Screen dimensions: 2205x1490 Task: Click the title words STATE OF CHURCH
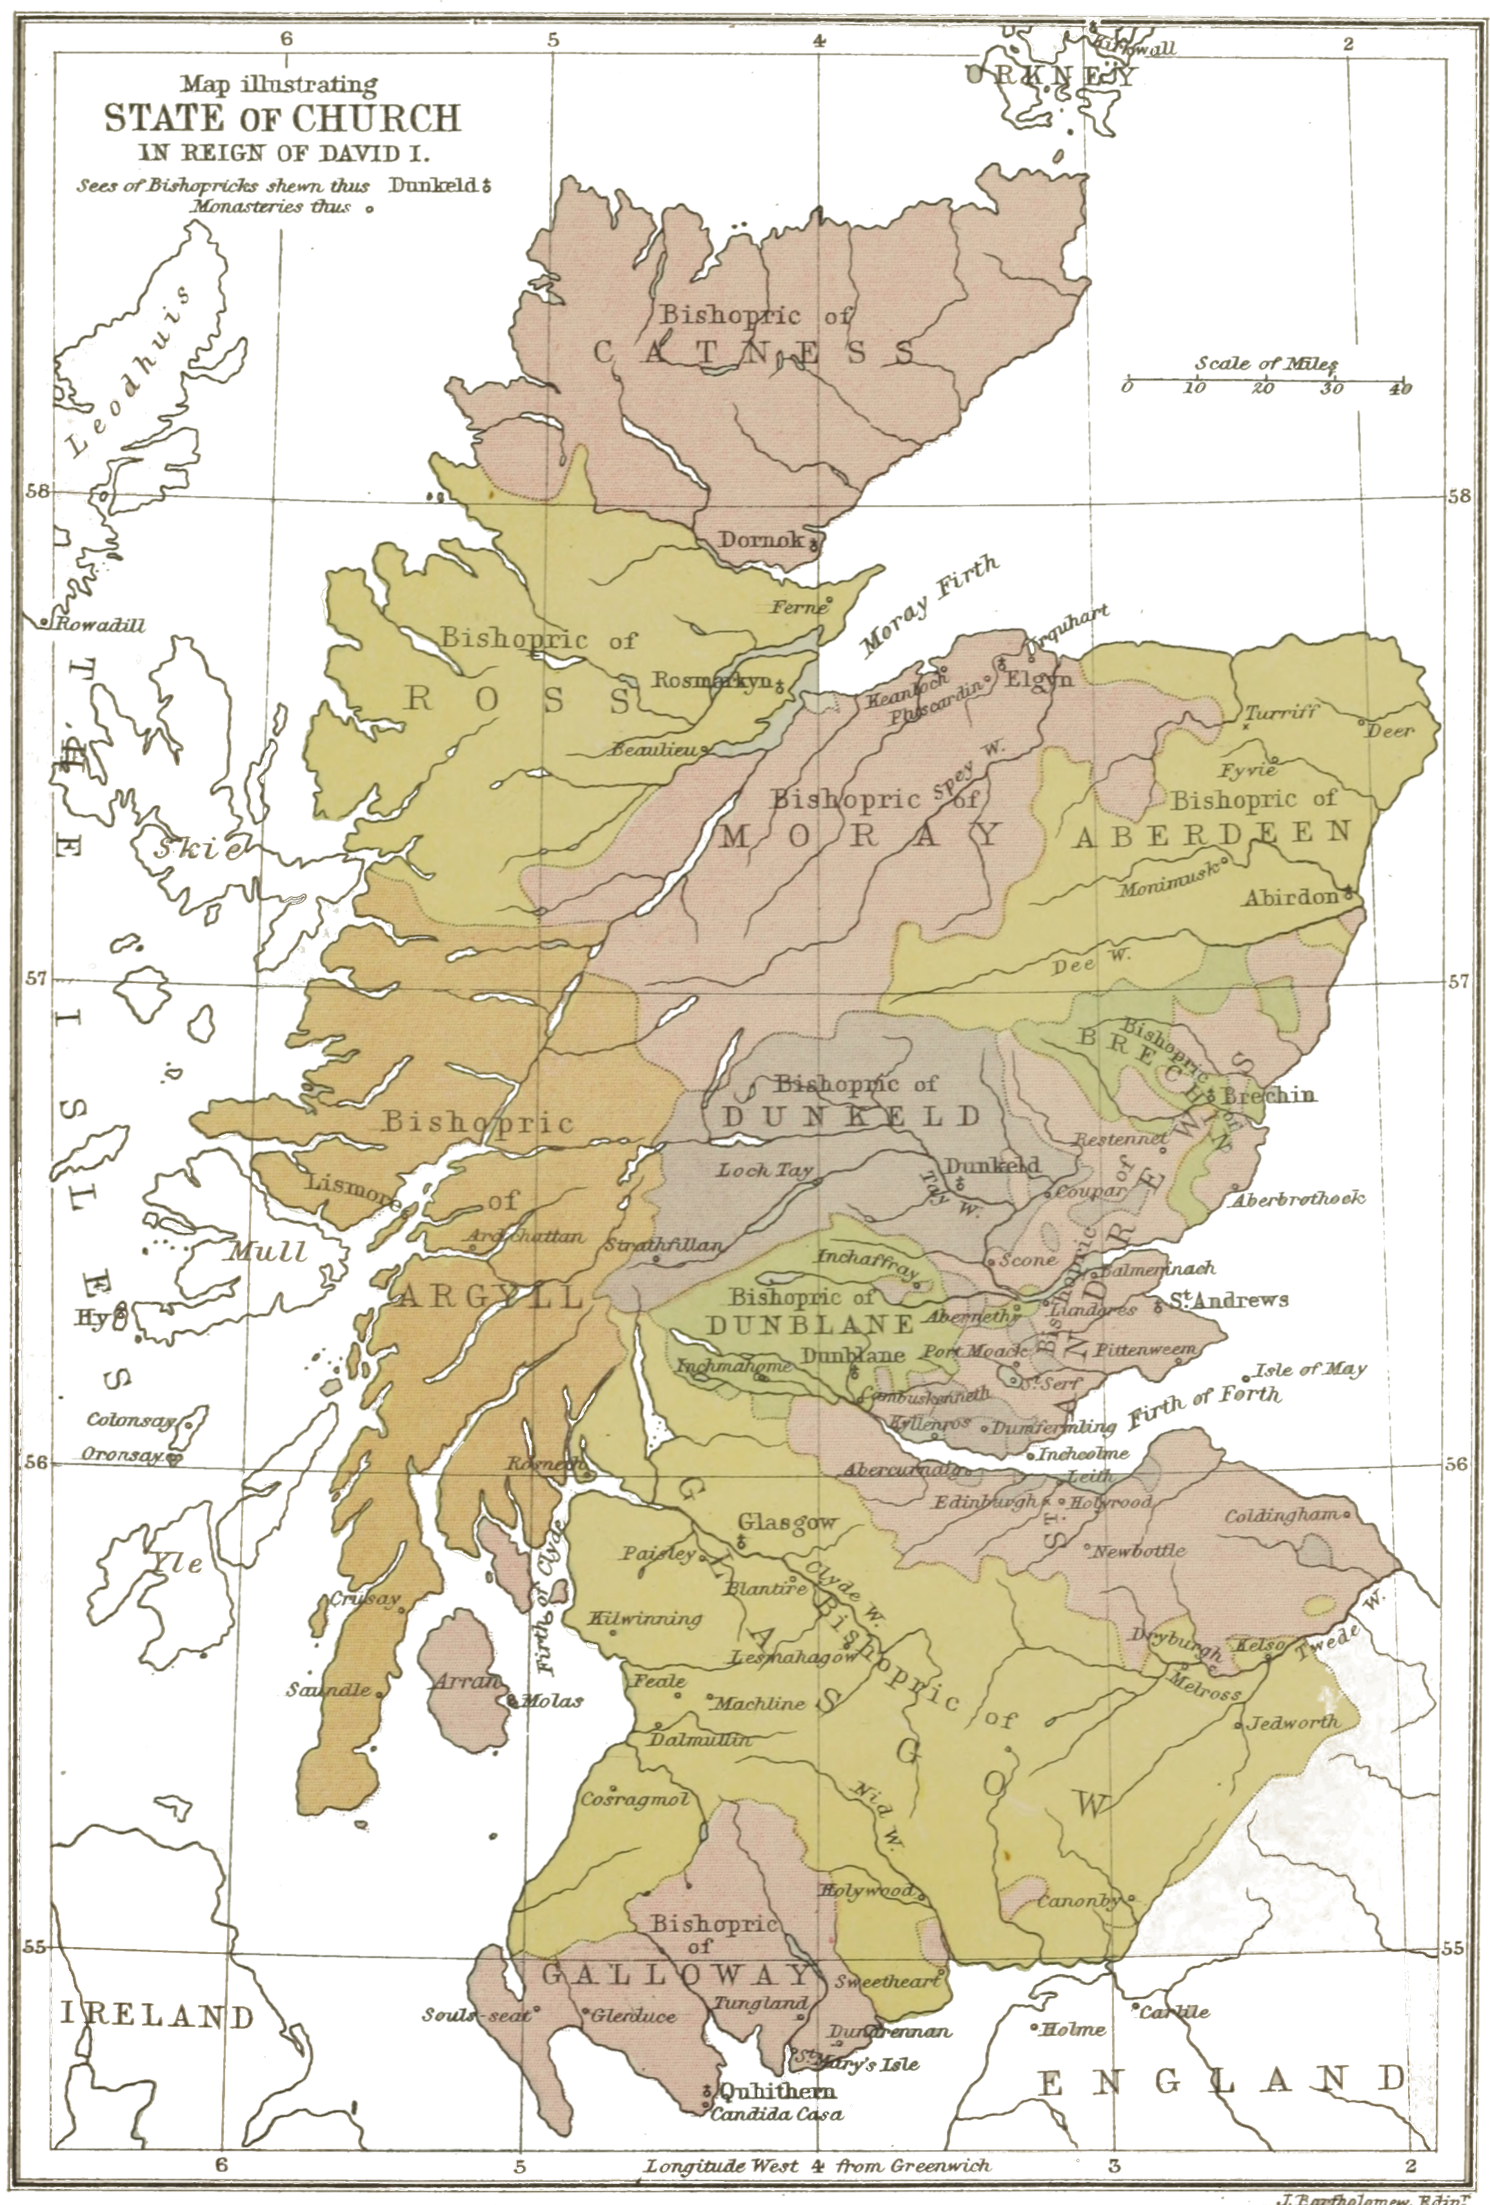282,119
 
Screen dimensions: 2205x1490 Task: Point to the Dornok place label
760,540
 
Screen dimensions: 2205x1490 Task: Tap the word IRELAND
157,2015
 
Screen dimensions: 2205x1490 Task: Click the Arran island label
466,1681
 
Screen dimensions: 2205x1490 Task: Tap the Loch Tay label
764,1171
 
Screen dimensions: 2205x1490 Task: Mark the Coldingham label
1280,1515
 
